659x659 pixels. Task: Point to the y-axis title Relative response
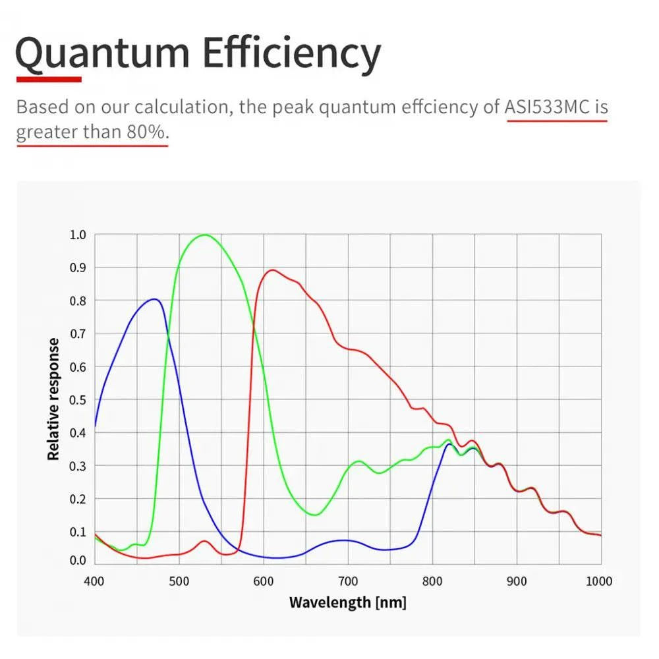54,399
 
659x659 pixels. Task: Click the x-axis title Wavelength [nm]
347,602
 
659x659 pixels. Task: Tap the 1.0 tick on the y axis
77,235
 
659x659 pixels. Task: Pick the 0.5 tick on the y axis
77,399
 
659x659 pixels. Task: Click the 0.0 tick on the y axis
77,561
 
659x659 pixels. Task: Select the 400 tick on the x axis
95,581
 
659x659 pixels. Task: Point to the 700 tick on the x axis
348,581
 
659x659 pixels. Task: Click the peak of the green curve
205,235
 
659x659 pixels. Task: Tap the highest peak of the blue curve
155,299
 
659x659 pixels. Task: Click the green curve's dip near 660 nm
315,515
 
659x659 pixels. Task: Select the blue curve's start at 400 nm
96,426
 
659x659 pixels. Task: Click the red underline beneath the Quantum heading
49,79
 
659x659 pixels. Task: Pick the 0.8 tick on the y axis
77,301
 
